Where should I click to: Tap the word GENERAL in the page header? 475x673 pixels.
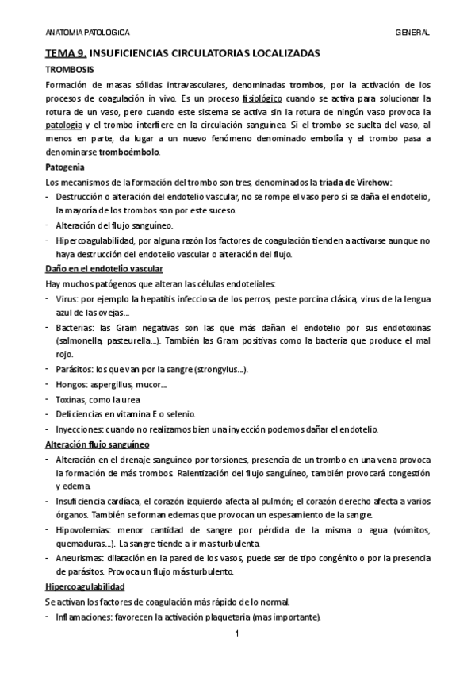tap(412, 33)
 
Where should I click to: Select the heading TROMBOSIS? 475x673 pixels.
tap(69, 71)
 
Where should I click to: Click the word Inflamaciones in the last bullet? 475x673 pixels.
tap(87, 616)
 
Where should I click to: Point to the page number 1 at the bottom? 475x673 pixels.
tap(238, 636)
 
